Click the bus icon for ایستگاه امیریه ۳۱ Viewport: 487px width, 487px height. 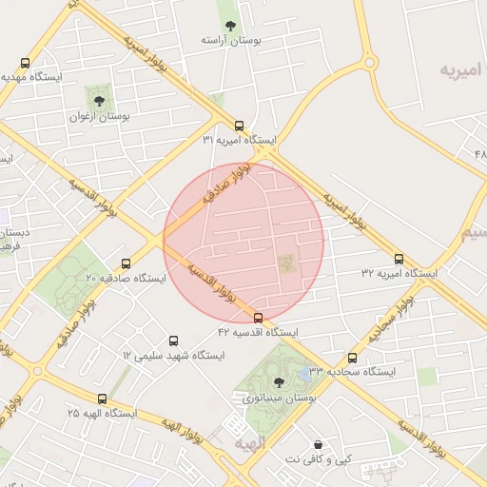(x=238, y=125)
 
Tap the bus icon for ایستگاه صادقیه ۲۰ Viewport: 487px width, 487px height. (x=126, y=263)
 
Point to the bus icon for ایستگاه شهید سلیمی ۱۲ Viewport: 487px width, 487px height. (x=172, y=340)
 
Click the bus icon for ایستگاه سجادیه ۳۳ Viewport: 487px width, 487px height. (x=353, y=358)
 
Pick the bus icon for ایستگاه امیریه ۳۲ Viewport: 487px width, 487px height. (x=399, y=259)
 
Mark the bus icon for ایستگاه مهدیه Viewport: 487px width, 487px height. (x=26, y=62)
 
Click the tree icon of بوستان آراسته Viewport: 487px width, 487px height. (x=228, y=26)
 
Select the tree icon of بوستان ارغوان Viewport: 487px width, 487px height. (x=98, y=98)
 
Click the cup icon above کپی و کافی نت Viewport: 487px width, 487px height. (x=317, y=444)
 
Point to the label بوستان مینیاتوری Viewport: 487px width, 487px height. (x=279, y=398)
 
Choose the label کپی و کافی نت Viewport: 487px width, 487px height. (x=317, y=459)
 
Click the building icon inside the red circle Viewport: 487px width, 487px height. (x=285, y=260)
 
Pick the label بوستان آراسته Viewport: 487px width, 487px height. (x=229, y=42)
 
